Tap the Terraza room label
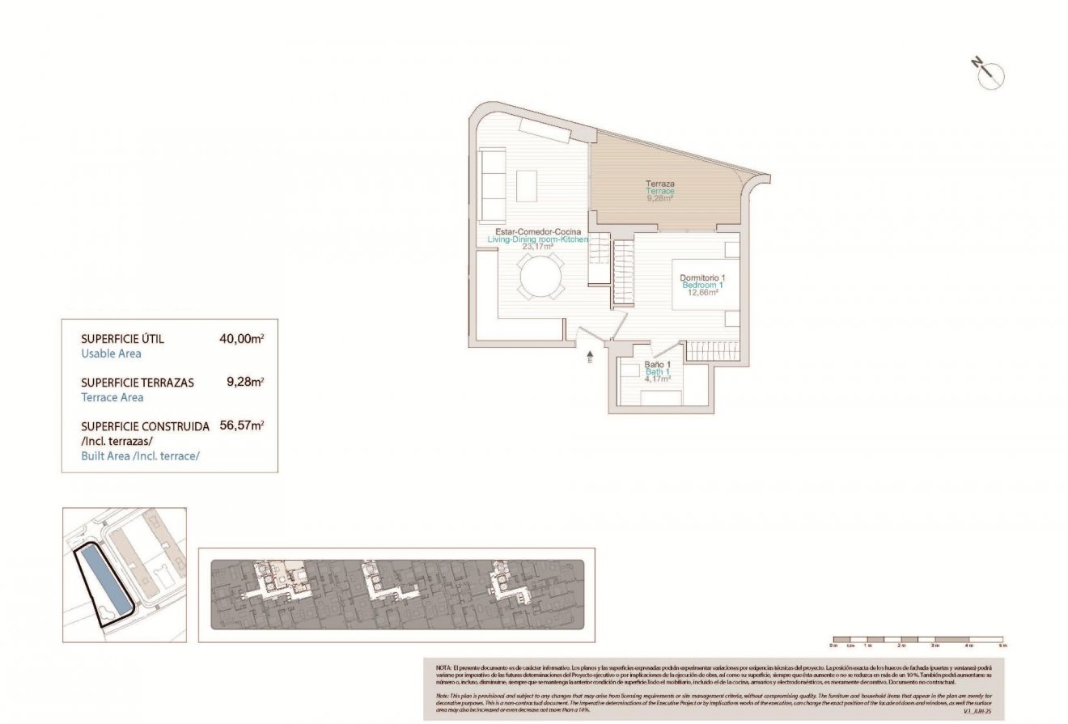(x=660, y=184)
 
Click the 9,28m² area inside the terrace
(x=660, y=198)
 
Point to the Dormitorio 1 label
(x=702, y=277)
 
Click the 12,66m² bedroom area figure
(x=702, y=293)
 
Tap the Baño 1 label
(x=657, y=365)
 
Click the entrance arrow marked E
(x=589, y=357)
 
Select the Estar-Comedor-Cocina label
(x=536, y=231)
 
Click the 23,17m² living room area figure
(x=536, y=247)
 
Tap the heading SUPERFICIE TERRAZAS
(x=138, y=383)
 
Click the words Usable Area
(x=111, y=354)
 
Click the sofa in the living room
(x=492, y=185)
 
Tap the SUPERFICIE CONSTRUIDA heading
(x=146, y=426)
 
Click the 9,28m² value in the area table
(x=246, y=382)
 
